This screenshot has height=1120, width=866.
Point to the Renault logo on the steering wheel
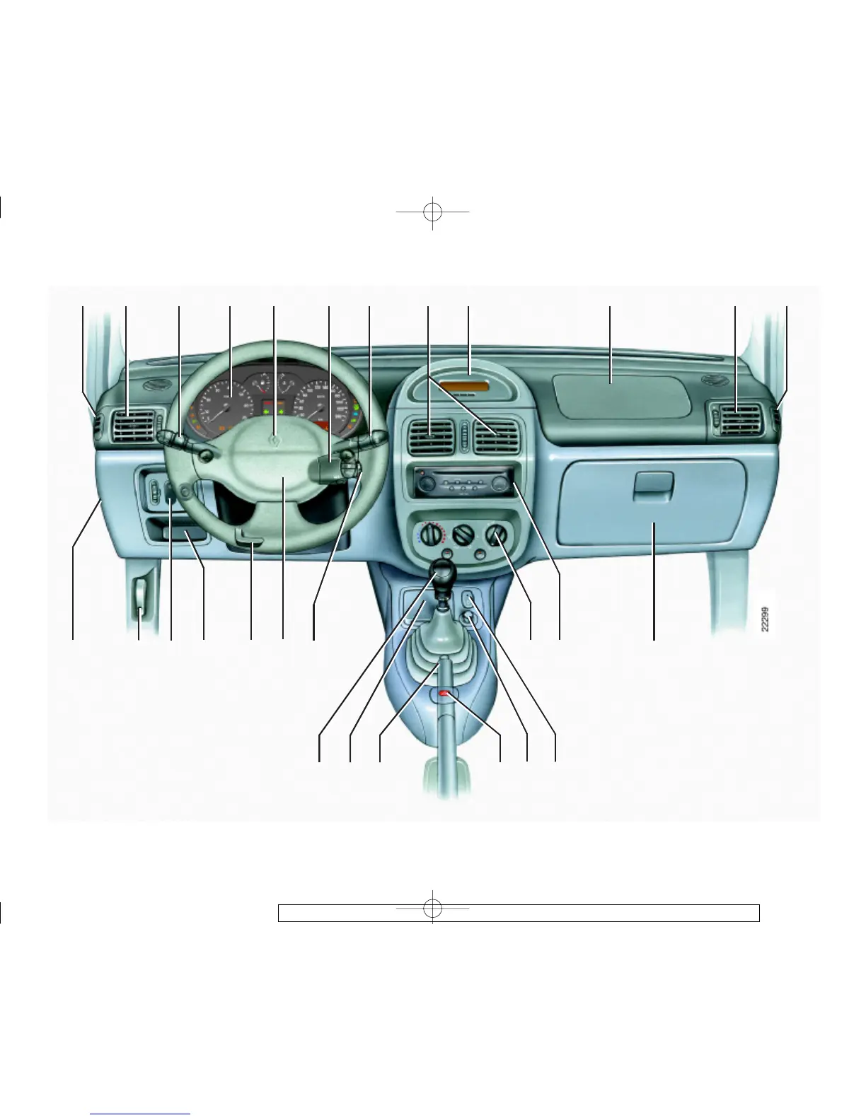point(272,442)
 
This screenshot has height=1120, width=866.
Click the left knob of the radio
point(426,485)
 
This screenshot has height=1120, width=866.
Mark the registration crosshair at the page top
point(432,211)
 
